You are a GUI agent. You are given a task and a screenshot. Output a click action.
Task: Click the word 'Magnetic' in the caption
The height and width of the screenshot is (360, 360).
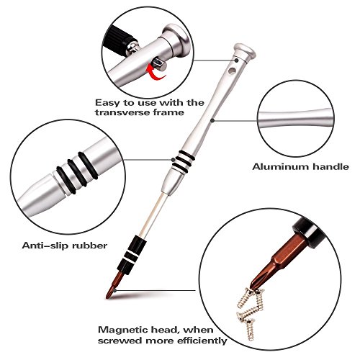[123, 330]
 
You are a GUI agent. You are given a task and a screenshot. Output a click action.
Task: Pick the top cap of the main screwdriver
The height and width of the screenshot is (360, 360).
[245, 50]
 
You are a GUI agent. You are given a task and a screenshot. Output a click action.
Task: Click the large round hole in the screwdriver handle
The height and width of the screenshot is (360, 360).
[232, 71]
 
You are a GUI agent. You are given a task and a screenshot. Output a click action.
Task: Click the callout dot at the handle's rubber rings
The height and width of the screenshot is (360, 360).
[173, 160]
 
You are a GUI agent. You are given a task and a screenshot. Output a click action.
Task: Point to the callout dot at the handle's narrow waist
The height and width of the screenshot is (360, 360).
[212, 120]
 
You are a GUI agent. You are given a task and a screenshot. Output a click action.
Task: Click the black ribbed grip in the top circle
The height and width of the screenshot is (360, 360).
[118, 39]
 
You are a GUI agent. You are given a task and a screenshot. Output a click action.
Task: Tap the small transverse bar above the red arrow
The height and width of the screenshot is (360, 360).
[159, 63]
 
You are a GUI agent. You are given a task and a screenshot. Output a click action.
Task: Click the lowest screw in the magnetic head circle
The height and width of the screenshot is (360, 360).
[250, 329]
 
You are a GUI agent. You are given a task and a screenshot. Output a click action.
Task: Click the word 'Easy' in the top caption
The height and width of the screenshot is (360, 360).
[107, 103]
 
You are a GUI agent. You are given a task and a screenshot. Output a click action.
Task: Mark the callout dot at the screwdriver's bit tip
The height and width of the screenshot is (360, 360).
[115, 291]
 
